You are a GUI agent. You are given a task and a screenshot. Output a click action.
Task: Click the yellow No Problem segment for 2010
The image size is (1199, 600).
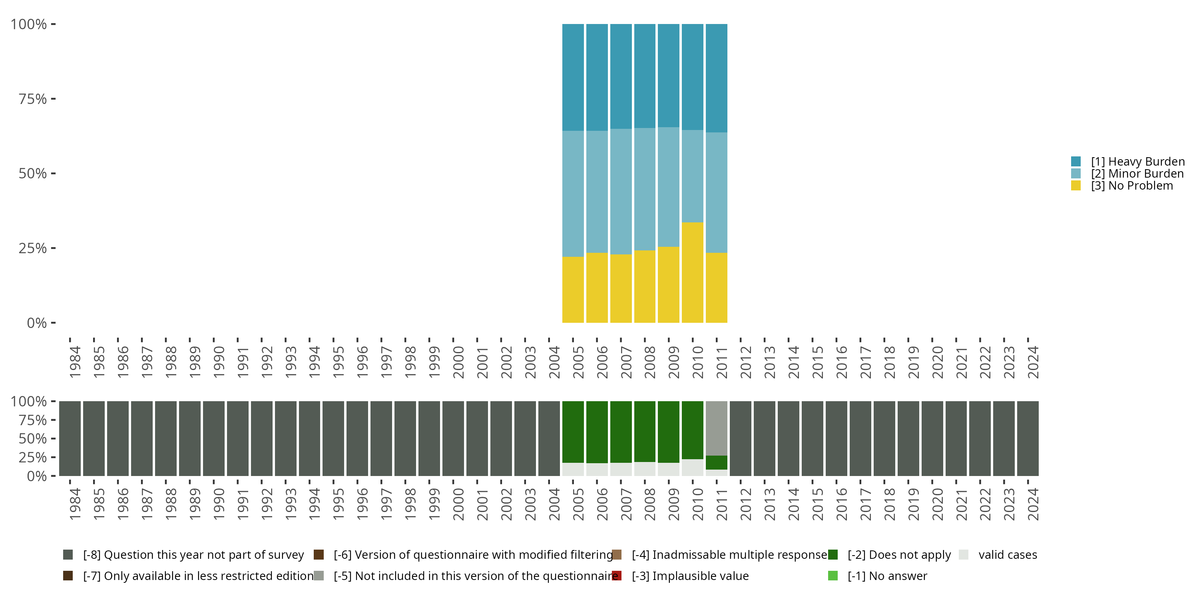pyautogui.click(x=692, y=272)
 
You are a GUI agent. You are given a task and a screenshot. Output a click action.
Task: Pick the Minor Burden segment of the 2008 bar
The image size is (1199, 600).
pyautogui.click(x=645, y=189)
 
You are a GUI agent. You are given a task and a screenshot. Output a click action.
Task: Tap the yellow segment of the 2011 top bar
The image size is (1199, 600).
pyautogui.click(x=716, y=288)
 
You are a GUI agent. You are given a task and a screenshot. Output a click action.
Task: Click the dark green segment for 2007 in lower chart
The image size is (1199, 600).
pyautogui.click(x=621, y=432)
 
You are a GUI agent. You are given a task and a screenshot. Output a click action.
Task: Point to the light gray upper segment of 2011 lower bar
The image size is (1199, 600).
pyautogui.click(x=716, y=428)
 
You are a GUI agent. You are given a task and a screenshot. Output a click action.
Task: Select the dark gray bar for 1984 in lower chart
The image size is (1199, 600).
pyautogui.click(x=70, y=438)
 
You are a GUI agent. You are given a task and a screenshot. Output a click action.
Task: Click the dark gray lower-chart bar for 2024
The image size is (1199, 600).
pyautogui.click(x=1028, y=438)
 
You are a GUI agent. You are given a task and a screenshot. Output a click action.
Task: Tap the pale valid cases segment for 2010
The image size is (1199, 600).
pyautogui.click(x=692, y=467)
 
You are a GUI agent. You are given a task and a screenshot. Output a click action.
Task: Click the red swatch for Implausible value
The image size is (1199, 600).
pyautogui.click(x=617, y=576)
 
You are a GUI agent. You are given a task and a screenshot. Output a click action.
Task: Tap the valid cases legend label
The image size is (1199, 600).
pyautogui.click(x=1008, y=555)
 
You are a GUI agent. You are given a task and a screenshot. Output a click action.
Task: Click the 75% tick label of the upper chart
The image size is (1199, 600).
pyautogui.click(x=33, y=99)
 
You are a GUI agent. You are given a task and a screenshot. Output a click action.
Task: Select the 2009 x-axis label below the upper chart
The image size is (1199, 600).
pyautogui.click(x=673, y=362)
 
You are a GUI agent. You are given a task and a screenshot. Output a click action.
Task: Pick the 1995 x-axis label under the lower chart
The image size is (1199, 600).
pyautogui.click(x=339, y=504)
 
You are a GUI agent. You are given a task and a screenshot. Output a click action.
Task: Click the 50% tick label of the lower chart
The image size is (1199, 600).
pyautogui.click(x=33, y=438)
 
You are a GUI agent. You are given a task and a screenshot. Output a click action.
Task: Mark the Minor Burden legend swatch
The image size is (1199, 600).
pyautogui.click(x=1076, y=174)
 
